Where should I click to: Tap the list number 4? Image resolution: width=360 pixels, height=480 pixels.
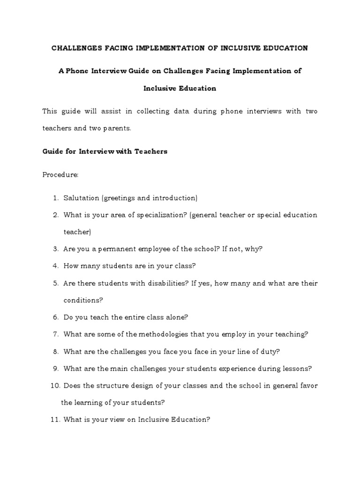coord(55,266)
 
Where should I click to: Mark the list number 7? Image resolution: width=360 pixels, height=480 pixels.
coord(55,334)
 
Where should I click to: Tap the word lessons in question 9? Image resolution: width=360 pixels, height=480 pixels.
coord(298,368)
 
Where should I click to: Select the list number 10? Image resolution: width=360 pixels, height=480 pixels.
coord(54,385)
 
